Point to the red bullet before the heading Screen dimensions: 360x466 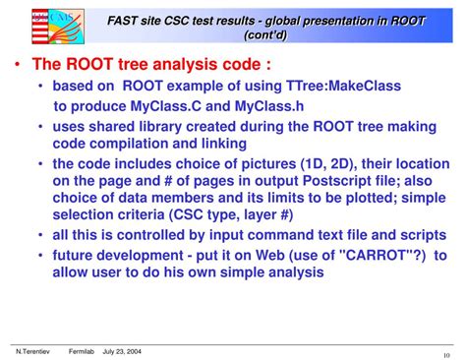tap(19, 66)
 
